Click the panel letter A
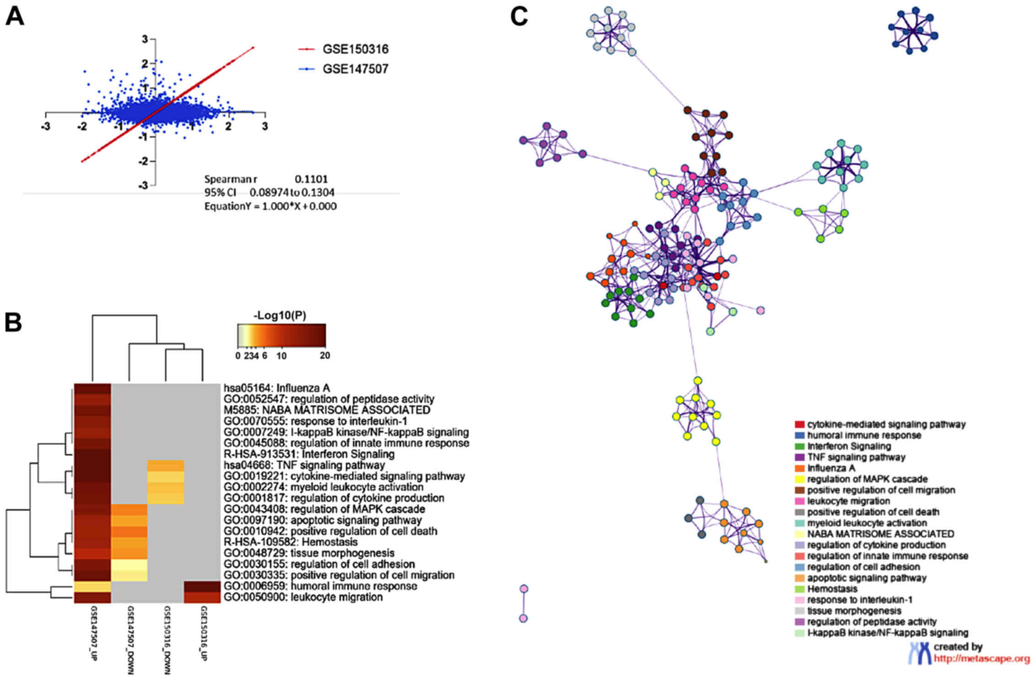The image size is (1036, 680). (15, 18)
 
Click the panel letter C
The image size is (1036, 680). (519, 17)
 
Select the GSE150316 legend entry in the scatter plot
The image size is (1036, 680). (355, 49)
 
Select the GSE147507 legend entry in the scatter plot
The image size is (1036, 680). (355, 69)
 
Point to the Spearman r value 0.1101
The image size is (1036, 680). (311, 179)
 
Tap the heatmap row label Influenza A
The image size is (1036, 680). (277, 388)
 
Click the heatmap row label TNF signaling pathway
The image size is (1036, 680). (304, 465)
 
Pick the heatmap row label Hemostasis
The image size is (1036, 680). (291, 542)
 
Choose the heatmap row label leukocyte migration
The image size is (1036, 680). (303, 597)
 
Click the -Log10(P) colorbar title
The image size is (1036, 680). (280, 315)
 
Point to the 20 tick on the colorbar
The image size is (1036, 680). (324, 356)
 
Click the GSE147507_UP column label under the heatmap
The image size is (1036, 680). (93, 633)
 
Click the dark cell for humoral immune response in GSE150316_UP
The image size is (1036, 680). (202, 586)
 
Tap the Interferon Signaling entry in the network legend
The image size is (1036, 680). (849, 446)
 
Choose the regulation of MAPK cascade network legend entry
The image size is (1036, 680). (867, 479)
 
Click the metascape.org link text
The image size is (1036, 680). (982, 659)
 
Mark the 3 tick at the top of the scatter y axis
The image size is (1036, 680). (145, 39)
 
